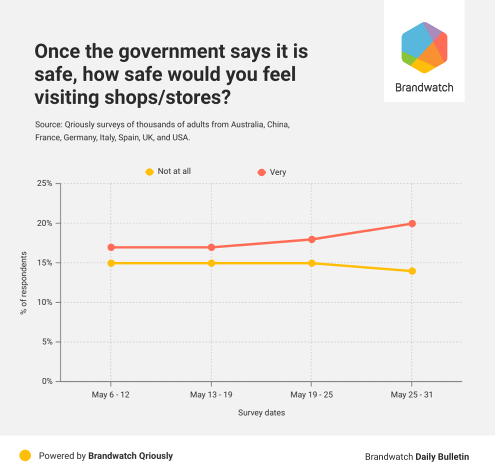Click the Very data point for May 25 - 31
[x=412, y=223]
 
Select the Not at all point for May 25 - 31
[x=412, y=271]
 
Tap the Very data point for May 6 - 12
[x=111, y=247]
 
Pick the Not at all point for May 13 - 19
[x=211, y=263]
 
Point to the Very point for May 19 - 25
[x=311, y=239]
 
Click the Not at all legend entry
[x=168, y=171]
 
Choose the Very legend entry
[x=272, y=172]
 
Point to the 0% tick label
[x=46, y=381]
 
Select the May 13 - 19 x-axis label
[x=211, y=395]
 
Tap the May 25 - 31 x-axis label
[x=411, y=395]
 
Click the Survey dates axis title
[x=261, y=413]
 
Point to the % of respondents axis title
[x=23, y=282]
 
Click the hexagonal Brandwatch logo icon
[x=424, y=47]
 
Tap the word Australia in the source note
[x=248, y=124]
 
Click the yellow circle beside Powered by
[x=25, y=455]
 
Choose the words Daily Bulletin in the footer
[x=442, y=456]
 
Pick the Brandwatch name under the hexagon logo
[x=424, y=87]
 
